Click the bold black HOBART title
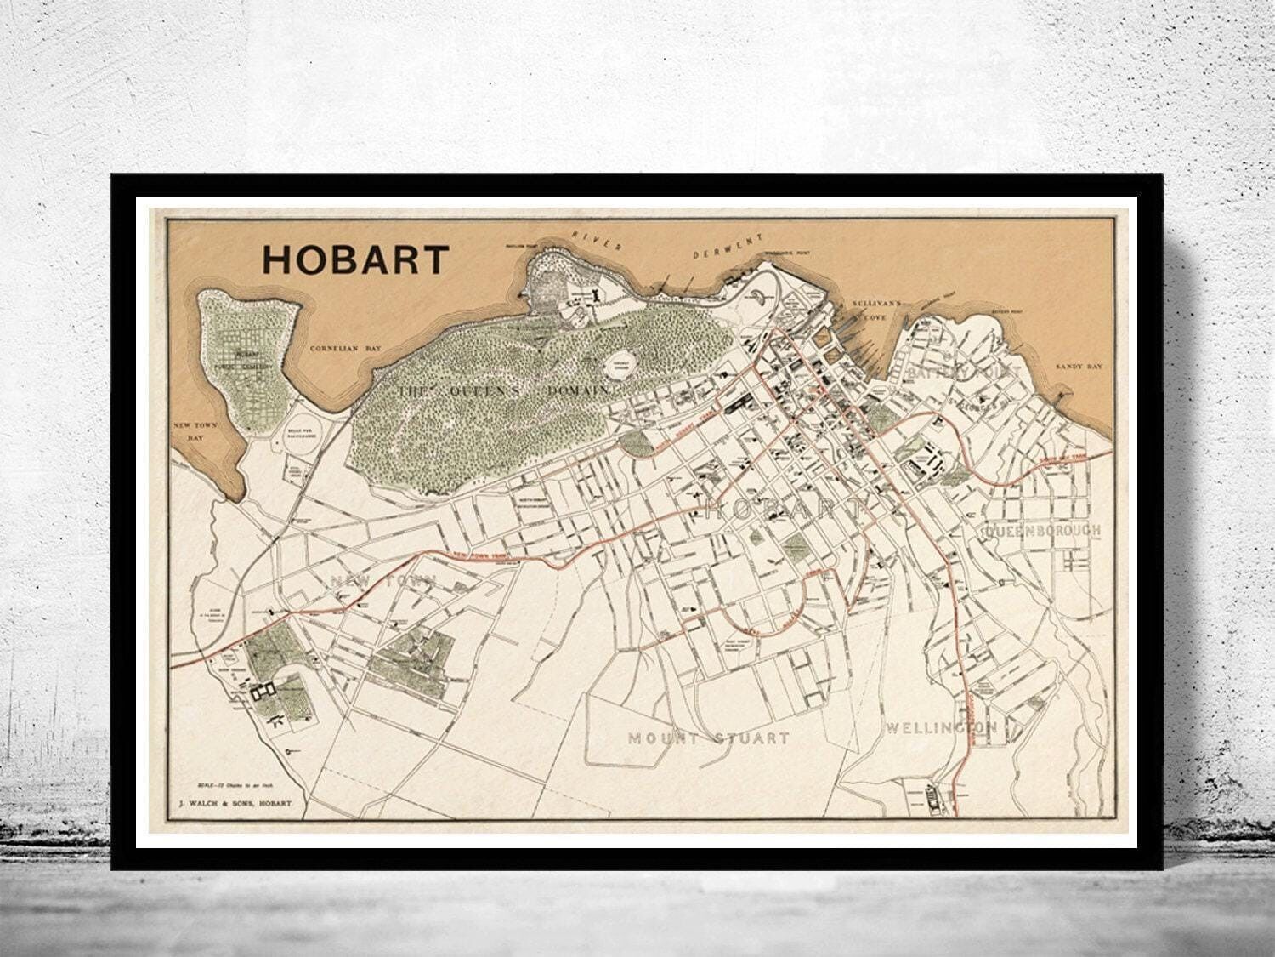354,259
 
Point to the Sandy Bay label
1079,366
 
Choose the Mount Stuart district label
708,738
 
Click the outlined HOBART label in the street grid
785,510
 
